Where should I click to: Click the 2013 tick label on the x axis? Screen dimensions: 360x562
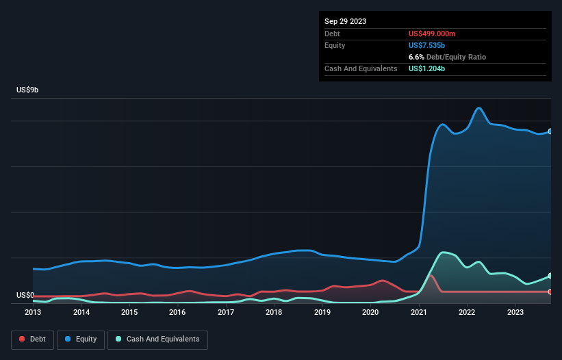pyautogui.click(x=33, y=312)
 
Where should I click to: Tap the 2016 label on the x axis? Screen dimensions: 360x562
pyautogui.click(x=177, y=312)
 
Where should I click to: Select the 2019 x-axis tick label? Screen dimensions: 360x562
pyautogui.click(x=322, y=312)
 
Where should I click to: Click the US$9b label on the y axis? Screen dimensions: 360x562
pyautogui.click(x=27, y=90)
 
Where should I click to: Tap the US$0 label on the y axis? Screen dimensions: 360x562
pyautogui.click(x=25, y=296)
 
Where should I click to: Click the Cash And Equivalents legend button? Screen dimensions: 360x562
pyautogui.click(x=157, y=339)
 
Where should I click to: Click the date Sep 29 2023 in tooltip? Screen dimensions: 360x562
pyautogui.click(x=345, y=21)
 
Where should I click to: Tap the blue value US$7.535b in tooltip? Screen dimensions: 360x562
pyautogui.click(x=426, y=45)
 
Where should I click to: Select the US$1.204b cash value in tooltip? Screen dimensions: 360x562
pyautogui.click(x=426, y=68)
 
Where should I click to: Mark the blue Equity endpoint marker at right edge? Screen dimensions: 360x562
pyautogui.click(x=550, y=131)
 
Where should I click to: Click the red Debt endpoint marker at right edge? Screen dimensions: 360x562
pyautogui.click(x=550, y=292)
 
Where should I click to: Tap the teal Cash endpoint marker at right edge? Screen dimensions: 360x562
pyautogui.click(x=550, y=276)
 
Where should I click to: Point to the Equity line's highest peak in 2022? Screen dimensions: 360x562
pyautogui.click(x=479, y=108)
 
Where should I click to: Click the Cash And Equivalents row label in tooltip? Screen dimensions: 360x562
pyautogui.click(x=361, y=68)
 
